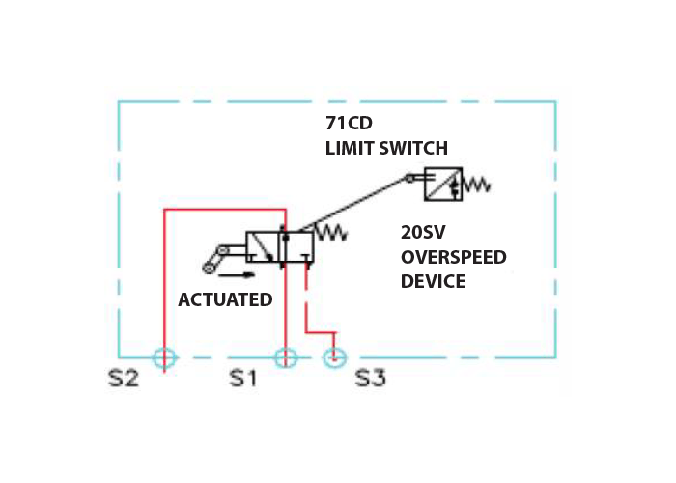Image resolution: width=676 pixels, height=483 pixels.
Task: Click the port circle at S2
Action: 165,358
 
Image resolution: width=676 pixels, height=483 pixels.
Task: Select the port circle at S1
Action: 285,358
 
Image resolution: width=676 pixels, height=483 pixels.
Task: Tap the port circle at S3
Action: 333,358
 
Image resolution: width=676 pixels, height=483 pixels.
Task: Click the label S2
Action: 125,378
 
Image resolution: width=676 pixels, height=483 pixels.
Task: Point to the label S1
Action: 242,378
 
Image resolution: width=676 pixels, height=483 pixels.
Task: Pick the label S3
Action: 371,378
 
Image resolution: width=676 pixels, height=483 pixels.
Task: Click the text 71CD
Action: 349,124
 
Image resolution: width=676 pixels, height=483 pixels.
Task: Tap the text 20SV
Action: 423,233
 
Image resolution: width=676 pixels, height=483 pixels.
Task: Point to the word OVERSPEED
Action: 453,257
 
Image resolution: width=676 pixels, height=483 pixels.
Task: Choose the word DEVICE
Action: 433,281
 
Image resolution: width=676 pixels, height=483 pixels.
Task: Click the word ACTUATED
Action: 225,299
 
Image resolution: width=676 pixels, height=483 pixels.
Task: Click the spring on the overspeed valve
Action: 331,232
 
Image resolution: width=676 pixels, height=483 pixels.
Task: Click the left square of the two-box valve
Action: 263,247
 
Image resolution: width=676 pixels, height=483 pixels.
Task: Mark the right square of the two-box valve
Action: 296,247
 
